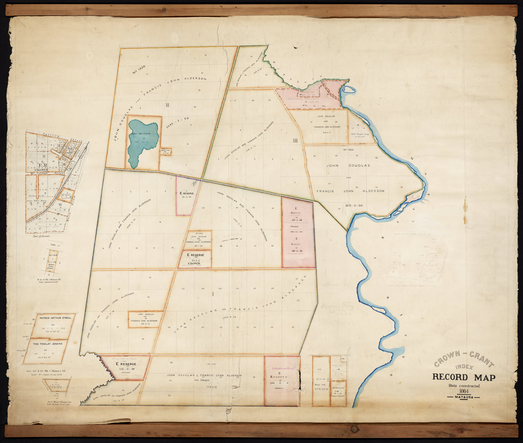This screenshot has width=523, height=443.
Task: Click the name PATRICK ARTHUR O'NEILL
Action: tap(54, 318)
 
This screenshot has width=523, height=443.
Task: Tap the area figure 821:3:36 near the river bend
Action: tap(353, 205)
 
